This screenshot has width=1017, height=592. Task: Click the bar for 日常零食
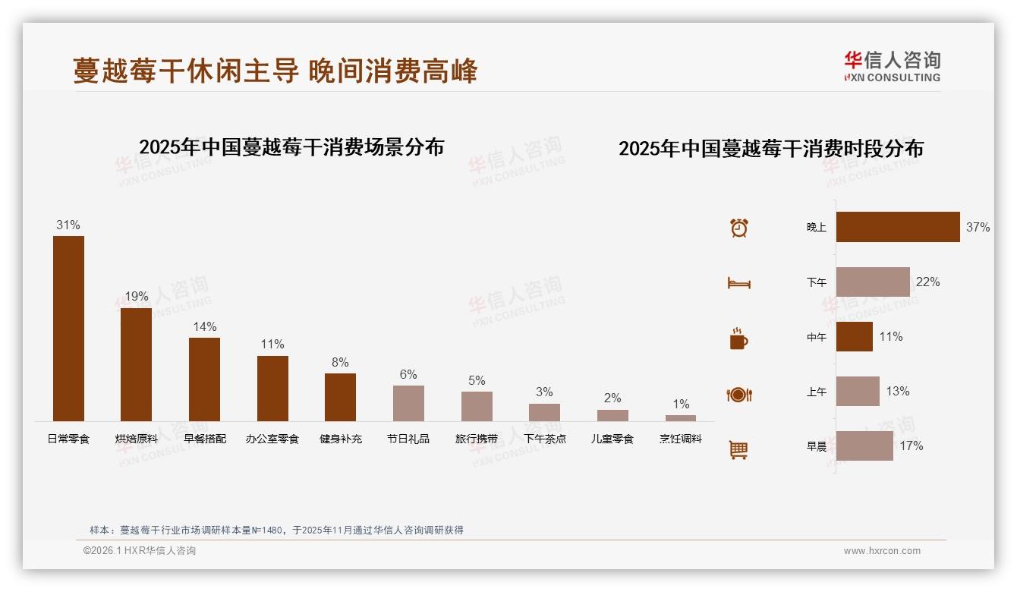click(68, 328)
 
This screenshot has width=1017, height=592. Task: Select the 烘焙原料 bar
click(136, 364)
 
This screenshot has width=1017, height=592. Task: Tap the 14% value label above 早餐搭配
click(204, 326)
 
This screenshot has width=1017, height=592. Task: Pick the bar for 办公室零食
click(272, 388)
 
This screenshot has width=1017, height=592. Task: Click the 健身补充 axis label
click(341, 439)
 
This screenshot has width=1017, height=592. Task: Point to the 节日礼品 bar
click(408, 403)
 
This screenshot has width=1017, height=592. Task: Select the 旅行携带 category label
click(477, 439)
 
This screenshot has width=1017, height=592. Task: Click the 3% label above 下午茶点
click(544, 392)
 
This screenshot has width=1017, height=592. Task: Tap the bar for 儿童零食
click(612, 415)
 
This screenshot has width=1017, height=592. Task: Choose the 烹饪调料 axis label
click(681, 439)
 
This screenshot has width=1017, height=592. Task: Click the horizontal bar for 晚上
click(898, 227)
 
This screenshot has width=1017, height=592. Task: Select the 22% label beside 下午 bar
click(927, 282)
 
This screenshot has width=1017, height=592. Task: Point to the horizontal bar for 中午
click(855, 336)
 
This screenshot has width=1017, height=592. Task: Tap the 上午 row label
click(817, 392)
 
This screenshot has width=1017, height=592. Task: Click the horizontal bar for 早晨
click(864, 446)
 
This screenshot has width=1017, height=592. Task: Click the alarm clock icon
click(739, 228)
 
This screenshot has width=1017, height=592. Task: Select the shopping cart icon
click(738, 449)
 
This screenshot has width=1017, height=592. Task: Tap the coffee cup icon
click(738, 339)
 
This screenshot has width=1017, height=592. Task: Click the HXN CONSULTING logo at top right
click(893, 67)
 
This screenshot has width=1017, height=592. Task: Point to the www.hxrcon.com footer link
click(882, 551)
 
